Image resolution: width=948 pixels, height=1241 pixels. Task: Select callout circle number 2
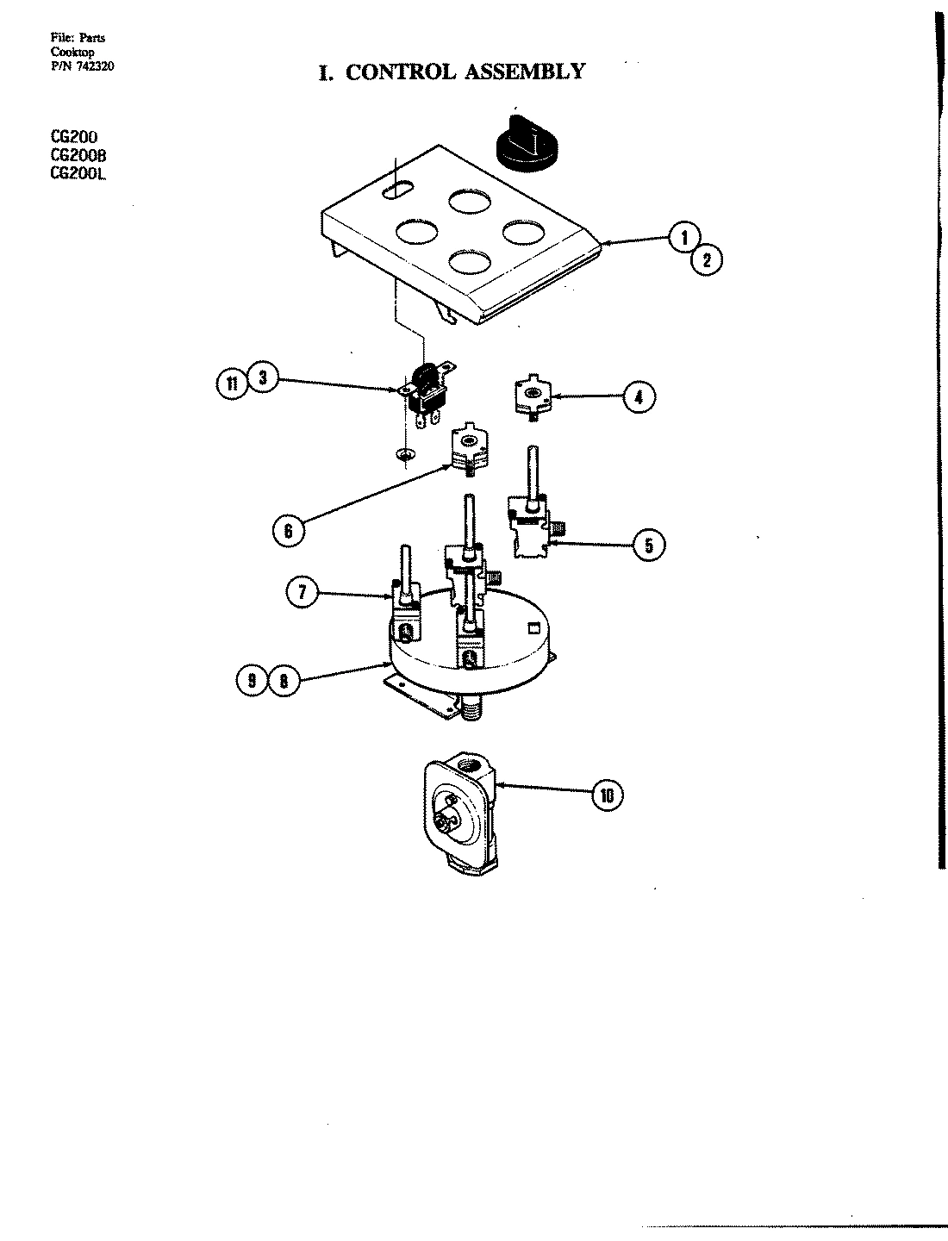[x=707, y=259]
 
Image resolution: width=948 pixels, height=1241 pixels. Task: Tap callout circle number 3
[x=262, y=379]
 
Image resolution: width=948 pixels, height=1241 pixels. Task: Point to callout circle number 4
[x=638, y=397]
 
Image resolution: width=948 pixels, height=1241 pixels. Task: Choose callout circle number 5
[x=649, y=545]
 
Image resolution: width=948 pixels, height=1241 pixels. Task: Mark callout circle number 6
[x=288, y=532]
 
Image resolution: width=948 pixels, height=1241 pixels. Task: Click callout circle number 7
[x=302, y=593]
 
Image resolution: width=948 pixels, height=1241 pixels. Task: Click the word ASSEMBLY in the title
[x=524, y=72]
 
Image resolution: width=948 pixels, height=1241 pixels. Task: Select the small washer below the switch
[x=402, y=453]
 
